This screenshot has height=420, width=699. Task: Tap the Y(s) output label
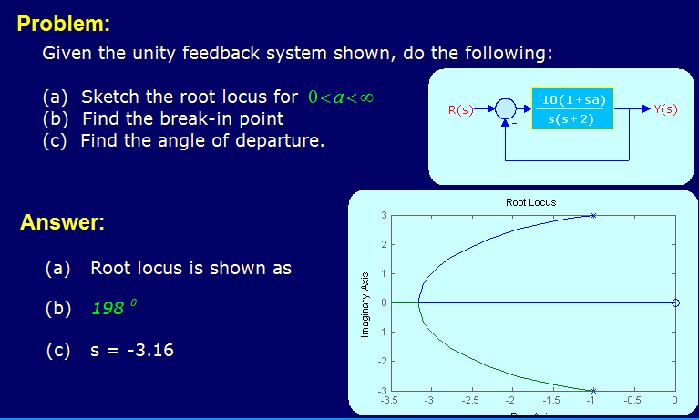(665, 110)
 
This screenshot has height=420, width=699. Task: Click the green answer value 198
(109, 309)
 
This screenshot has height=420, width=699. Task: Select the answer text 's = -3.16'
(132, 350)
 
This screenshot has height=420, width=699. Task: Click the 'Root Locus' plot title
(530, 202)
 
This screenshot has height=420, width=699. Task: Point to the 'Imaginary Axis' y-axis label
(364, 305)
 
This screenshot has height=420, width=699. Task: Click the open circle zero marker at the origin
(674, 302)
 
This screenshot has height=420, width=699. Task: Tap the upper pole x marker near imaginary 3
(593, 216)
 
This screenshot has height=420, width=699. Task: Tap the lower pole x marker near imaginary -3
(593, 390)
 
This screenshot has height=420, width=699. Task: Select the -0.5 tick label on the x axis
(633, 401)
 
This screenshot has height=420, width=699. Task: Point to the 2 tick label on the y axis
(384, 244)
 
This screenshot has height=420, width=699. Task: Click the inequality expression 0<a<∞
(342, 97)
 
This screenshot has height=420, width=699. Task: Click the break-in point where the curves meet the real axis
(419, 302)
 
